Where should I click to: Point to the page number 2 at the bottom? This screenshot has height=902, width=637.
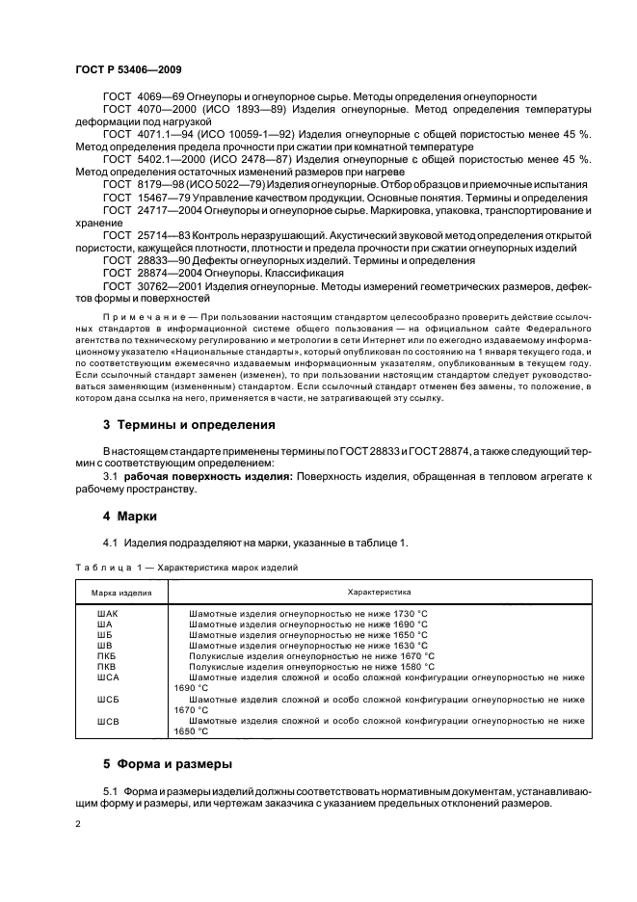pyautogui.click(x=77, y=826)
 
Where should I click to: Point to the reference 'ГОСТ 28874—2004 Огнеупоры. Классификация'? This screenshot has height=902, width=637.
pyautogui.click(x=222, y=273)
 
